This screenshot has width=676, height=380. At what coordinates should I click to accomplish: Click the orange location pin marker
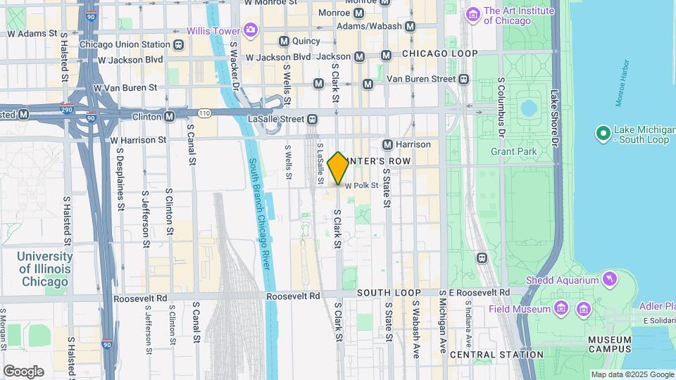[x=338, y=167]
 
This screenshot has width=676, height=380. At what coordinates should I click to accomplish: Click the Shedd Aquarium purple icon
[x=610, y=280]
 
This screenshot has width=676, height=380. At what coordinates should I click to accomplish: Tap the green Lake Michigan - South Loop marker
[x=603, y=132]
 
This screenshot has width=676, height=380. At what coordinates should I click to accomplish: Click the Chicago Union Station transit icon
[x=179, y=44]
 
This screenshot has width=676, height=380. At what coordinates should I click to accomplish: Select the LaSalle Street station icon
[x=311, y=119]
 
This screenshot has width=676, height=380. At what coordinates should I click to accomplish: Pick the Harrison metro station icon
[x=387, y=144]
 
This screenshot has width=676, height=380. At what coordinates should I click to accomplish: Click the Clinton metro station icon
[x=169, y=116]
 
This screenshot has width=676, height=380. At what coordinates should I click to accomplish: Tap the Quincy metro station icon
[x=284, y=41]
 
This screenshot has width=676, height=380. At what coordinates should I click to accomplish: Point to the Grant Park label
[x=513, y=151]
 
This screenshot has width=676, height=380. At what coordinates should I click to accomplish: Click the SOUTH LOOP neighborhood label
[x=389, y=293]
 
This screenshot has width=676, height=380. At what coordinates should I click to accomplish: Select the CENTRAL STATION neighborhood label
[x=496, y=355]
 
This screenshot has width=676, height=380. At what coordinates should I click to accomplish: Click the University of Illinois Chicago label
[x=44, y=270]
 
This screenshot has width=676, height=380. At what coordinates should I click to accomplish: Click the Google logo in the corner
[x=23, y=371]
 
